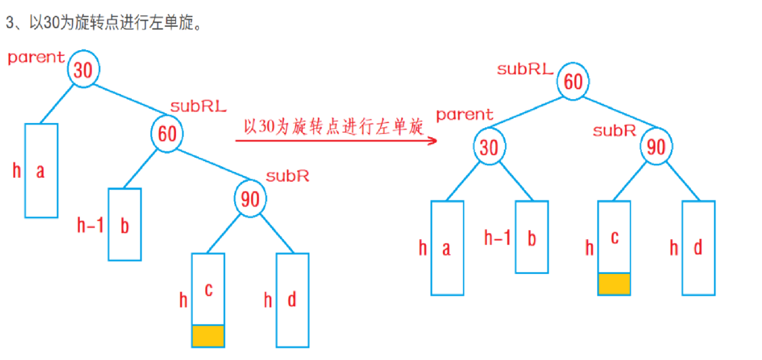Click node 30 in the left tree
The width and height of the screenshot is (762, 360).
(83, 70)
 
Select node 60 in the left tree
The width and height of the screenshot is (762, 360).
(167, 134)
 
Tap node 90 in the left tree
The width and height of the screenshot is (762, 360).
(251, 199)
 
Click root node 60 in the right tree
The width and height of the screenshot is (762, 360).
(573, 81)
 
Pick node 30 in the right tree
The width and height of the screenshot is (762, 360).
(489, 147)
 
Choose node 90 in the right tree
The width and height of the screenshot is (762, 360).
(657, 147)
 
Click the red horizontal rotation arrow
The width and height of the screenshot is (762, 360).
(336, 140)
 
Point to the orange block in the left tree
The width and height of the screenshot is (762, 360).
(208, 336)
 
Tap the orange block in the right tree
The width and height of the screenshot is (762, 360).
(614, 284)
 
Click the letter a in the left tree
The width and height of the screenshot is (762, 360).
(40, 171)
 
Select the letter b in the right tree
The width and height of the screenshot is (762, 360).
(532, 238)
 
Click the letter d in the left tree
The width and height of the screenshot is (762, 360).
(292, 300)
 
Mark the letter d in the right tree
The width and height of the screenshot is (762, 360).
(698, 248)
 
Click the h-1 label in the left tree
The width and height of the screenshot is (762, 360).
(90, 226)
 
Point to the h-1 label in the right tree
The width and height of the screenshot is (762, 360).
(497, 238)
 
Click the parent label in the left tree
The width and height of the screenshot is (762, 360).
(36, 57)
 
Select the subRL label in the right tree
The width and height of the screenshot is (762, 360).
(525, 69)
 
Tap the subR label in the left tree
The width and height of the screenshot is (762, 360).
(287, 175)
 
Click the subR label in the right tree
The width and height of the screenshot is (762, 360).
(614, 130)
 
